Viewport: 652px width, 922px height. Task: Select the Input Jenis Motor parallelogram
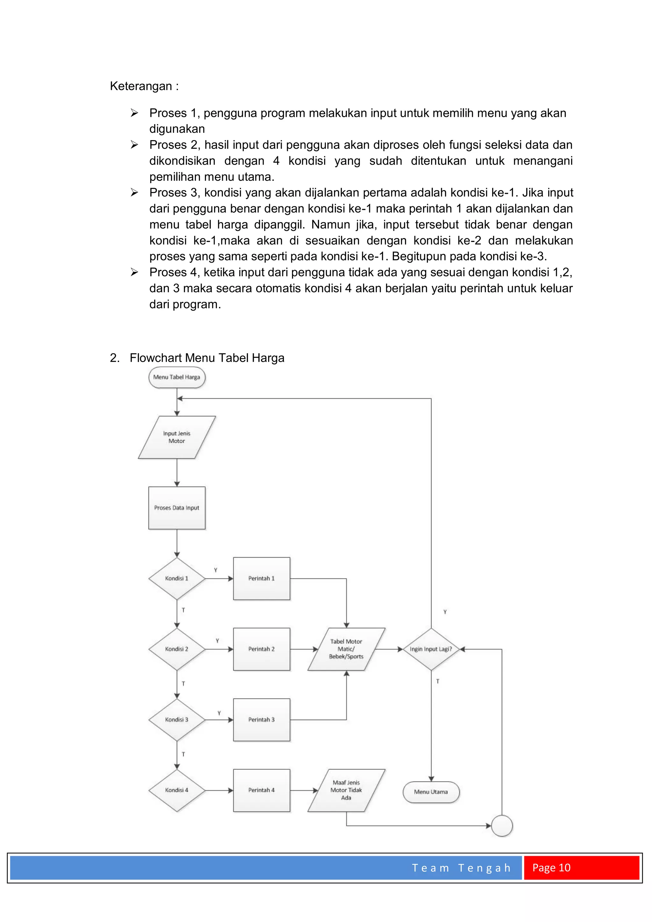click(177, 437)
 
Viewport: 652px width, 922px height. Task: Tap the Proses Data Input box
click(177, 508)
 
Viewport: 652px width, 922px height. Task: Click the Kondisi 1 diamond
click(177, 579)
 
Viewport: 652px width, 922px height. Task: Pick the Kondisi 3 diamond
click(177, 720)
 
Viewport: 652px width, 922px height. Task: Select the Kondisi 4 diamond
click(177, 790)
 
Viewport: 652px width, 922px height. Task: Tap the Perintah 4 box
click(261, 790)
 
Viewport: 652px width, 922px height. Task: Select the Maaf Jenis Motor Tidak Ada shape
click(346, 790)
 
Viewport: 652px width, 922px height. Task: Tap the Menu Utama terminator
click(431, 792)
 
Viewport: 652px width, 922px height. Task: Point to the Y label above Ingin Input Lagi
click(445, 612)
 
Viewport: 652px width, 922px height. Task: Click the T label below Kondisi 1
click(183, 610)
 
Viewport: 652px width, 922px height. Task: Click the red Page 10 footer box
click(581, 868)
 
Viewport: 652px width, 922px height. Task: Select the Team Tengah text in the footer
click(461, 868)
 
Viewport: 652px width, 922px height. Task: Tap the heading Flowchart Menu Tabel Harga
click(207, 358)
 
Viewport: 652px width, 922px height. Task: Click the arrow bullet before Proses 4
click(134, 272)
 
